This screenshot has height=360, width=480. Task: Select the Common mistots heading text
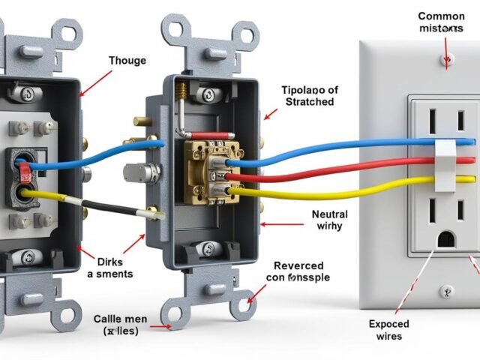(441, 22)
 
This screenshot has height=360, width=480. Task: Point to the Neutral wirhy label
(329, 220)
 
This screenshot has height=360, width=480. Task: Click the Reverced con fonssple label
(298, 271)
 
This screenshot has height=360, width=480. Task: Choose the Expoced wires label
(389, 330)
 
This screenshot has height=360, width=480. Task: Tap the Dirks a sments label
(104, 268)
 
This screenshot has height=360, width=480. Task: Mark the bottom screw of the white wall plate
(447, 292)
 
